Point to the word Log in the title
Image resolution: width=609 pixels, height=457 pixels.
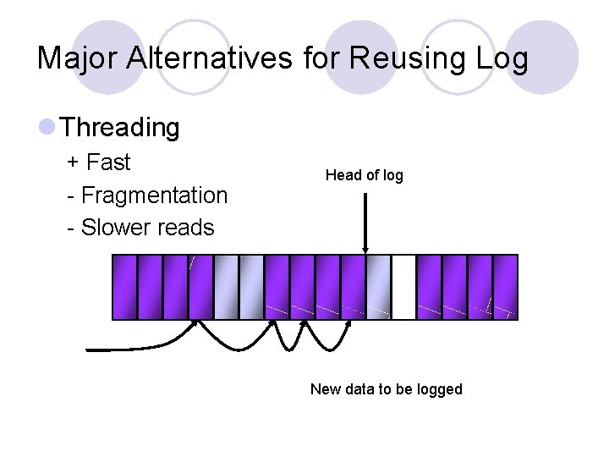click(502, 59)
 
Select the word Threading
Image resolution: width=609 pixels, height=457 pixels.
click(121, 128)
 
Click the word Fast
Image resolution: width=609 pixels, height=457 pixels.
click(108, 162)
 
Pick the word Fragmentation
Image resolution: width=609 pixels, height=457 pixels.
click(154, 195)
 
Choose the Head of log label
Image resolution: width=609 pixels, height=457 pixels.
click(365, 175)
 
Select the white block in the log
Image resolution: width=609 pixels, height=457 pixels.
click(404, 288)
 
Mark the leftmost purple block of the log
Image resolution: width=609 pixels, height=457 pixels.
click(124, 288)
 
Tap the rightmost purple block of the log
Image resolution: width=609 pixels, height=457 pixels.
click(505, 288)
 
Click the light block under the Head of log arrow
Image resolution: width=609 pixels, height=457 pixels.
click(378, 288)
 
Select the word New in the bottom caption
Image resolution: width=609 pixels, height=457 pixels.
click(325, 389)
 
